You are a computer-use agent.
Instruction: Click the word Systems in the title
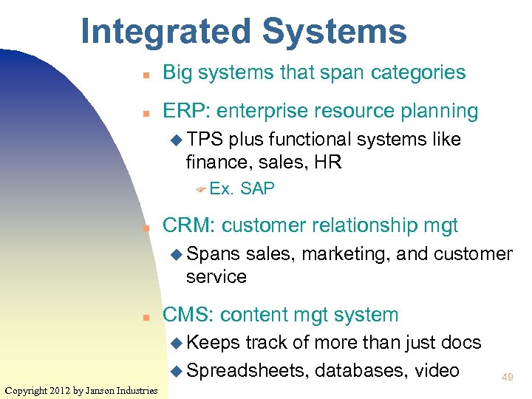pyautogui.click(x=333, y=32)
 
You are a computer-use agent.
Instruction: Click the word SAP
pyautogui.click(x=257, y=189)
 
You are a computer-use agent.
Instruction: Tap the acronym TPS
pyautogui.click(x=205, y=140)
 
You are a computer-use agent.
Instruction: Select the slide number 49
pyautogui.click(x=506, y=377)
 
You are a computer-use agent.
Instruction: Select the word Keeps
pyautogui.click(x=214, y=343)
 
